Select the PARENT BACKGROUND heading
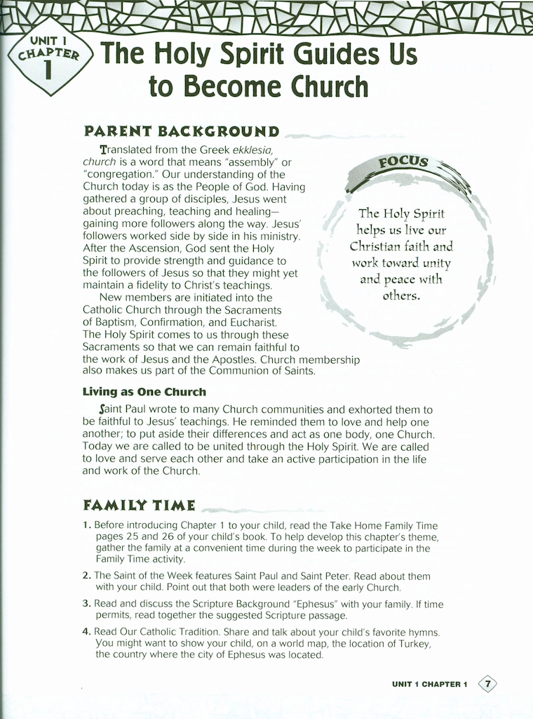[x=181, y=131]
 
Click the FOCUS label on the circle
[x=403, y=164]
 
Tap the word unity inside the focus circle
[x=436, y=263]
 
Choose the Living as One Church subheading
[x=144, y=392]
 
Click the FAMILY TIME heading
[x=140, y=505]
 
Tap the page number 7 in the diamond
[x=487, y=684]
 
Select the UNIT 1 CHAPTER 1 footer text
[x=429, y=685]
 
